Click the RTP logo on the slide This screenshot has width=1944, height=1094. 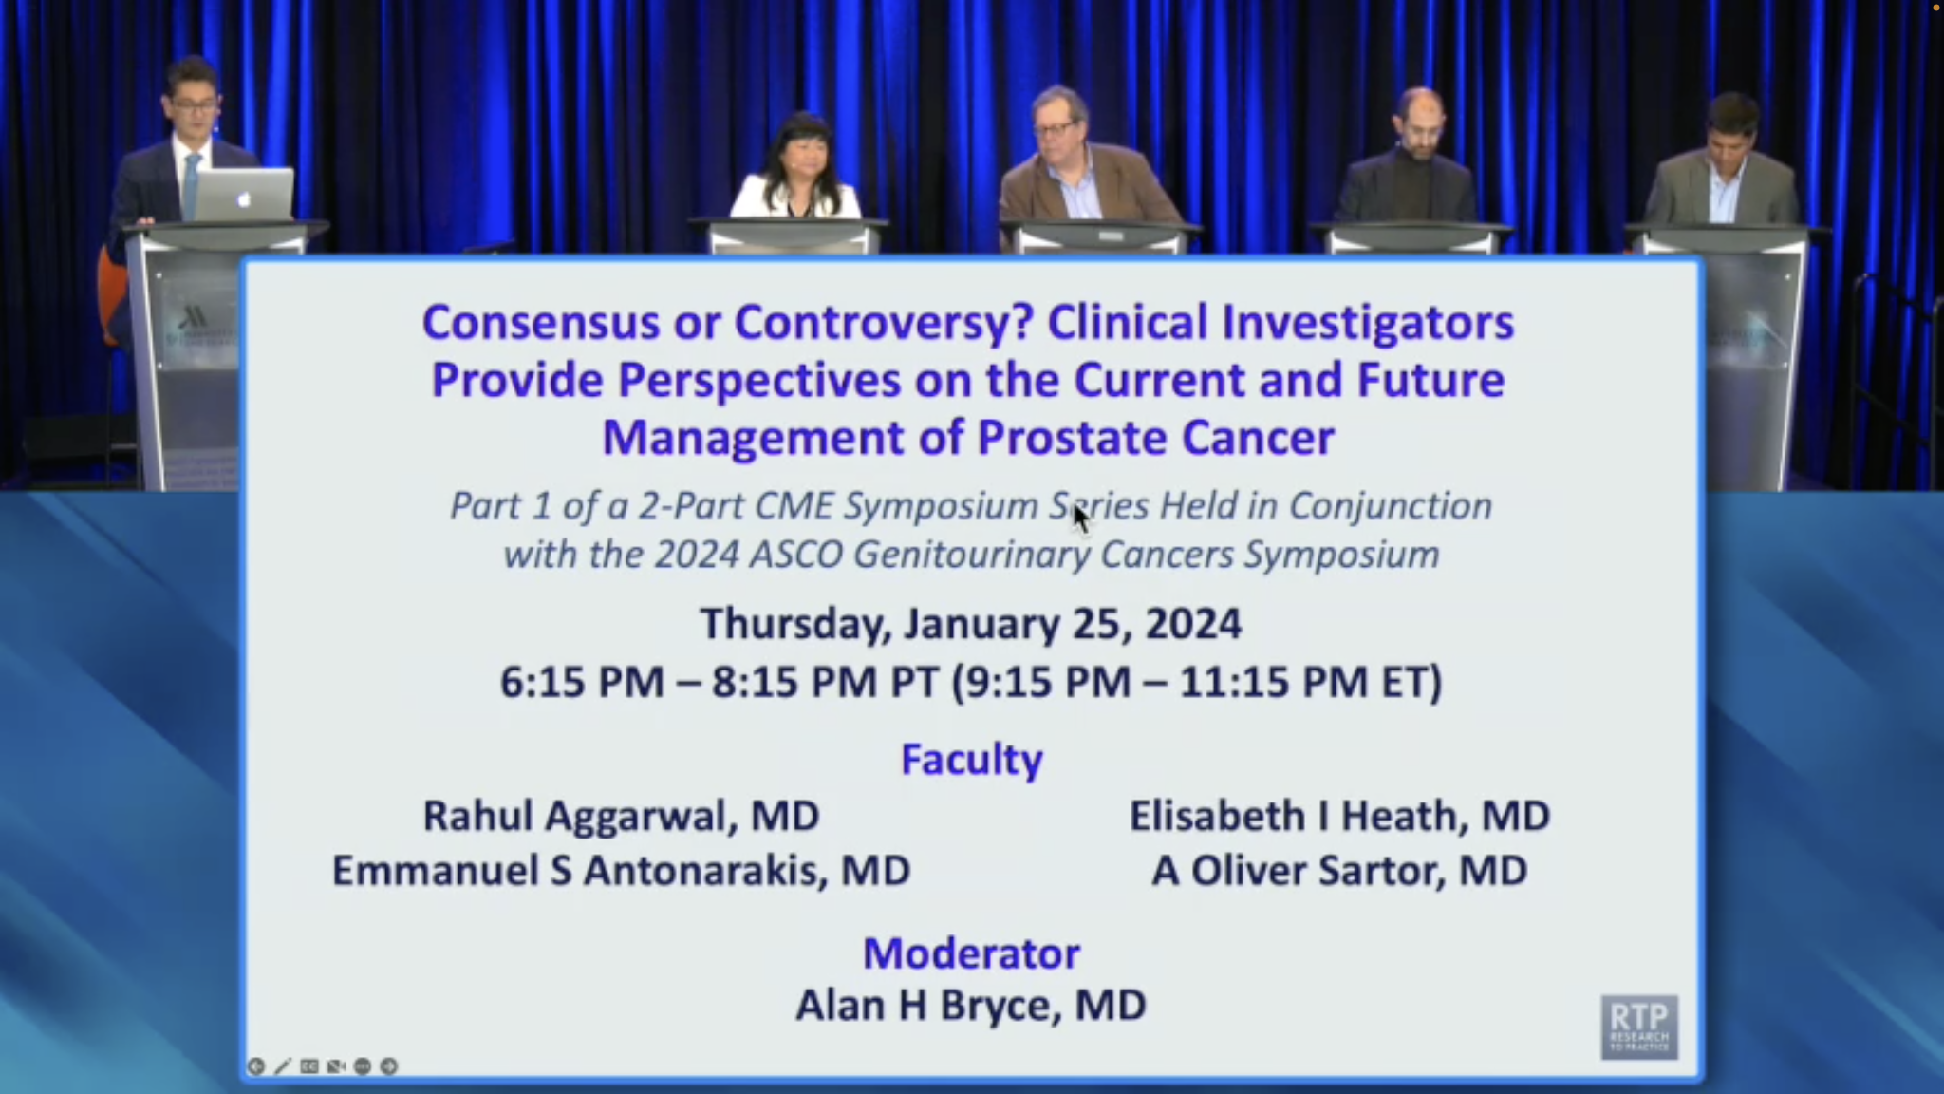point(1639,1027)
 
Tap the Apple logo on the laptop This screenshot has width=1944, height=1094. point(243,199)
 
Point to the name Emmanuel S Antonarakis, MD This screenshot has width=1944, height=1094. point(622,870)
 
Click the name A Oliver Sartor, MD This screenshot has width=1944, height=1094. point(1339,870)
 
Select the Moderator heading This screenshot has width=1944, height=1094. point(971,953)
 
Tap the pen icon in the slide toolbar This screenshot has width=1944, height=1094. point(282,1066)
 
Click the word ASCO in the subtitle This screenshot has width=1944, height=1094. point(797,555)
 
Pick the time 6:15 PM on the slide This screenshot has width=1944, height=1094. point(582,682)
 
